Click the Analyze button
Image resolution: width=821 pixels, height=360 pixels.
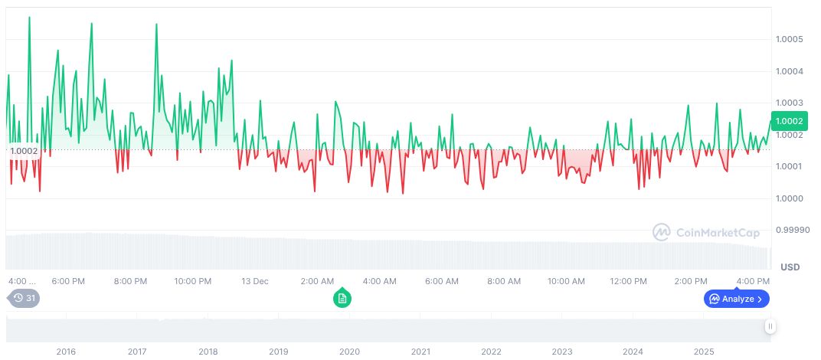(x=736, y=299)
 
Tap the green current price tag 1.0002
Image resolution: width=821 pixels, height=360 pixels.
(x=789, y=121)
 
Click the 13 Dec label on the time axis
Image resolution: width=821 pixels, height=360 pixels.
(x=255, y=281)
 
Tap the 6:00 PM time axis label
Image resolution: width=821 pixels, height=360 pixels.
(x=68, y=281)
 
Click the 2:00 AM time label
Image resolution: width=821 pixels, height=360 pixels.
(x=317, y=281)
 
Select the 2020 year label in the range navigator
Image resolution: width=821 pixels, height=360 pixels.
(x=349, y=352)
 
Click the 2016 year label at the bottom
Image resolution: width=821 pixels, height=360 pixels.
(x=66, y=352)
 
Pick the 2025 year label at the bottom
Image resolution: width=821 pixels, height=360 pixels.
(x=704, y=352)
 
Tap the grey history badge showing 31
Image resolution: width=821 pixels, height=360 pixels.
(x=24, y=298)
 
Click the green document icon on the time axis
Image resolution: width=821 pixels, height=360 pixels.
(x=342, y=298)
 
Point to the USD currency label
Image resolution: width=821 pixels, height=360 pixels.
(x=790, y=267)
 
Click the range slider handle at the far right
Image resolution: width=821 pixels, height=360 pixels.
(x=770, y=326)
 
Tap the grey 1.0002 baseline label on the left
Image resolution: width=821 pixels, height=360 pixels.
(x=24, y=151)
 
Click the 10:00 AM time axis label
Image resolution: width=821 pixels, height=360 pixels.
(x=567, y=281)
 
